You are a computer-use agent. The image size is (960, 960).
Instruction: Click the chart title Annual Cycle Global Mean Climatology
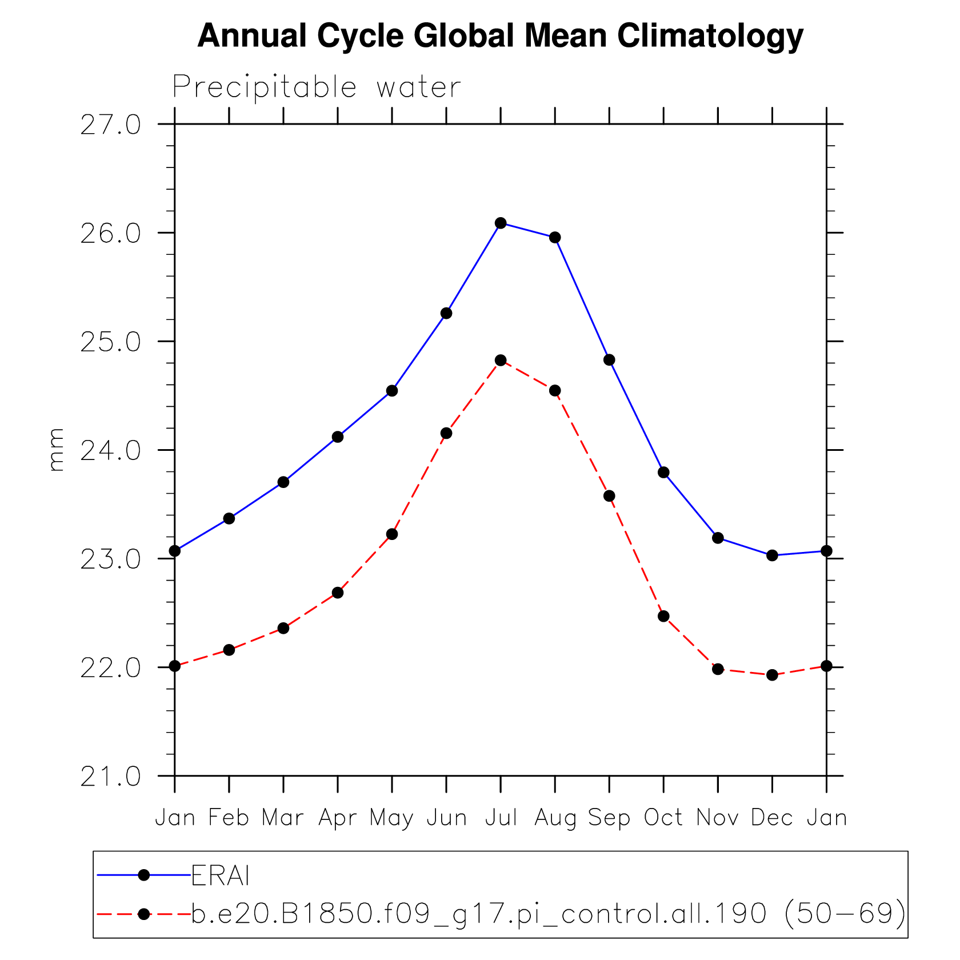coord(500,35)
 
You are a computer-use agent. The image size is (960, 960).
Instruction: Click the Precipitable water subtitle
coord(316,87)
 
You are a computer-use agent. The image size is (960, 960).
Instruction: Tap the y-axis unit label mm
coord(56,450)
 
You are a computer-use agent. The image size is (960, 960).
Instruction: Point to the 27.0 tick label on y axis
coord(110,125)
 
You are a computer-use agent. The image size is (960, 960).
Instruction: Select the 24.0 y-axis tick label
coord(110,451)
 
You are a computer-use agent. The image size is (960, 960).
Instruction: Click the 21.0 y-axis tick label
coord(110,777)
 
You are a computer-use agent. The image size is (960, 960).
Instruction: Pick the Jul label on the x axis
coord(501,818)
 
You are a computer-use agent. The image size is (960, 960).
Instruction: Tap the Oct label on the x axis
coord(663,818)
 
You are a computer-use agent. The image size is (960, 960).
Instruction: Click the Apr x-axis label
coord(338,818)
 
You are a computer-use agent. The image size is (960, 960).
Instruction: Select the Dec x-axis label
coord(772,818)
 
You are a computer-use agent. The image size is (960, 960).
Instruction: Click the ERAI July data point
coord(501,223)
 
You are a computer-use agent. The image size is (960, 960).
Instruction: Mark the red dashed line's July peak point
coord(501,360)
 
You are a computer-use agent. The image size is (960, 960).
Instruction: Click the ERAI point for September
coord(609,359)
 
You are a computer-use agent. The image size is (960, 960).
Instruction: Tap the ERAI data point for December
coord(772,555)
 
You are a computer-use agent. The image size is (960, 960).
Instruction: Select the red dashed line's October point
coord(663,616)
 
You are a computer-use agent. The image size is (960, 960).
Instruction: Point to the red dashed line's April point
coord(338,593)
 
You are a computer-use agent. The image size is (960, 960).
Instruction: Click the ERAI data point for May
coord(392,391)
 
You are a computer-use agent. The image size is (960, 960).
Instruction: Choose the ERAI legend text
coord(220,875)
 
